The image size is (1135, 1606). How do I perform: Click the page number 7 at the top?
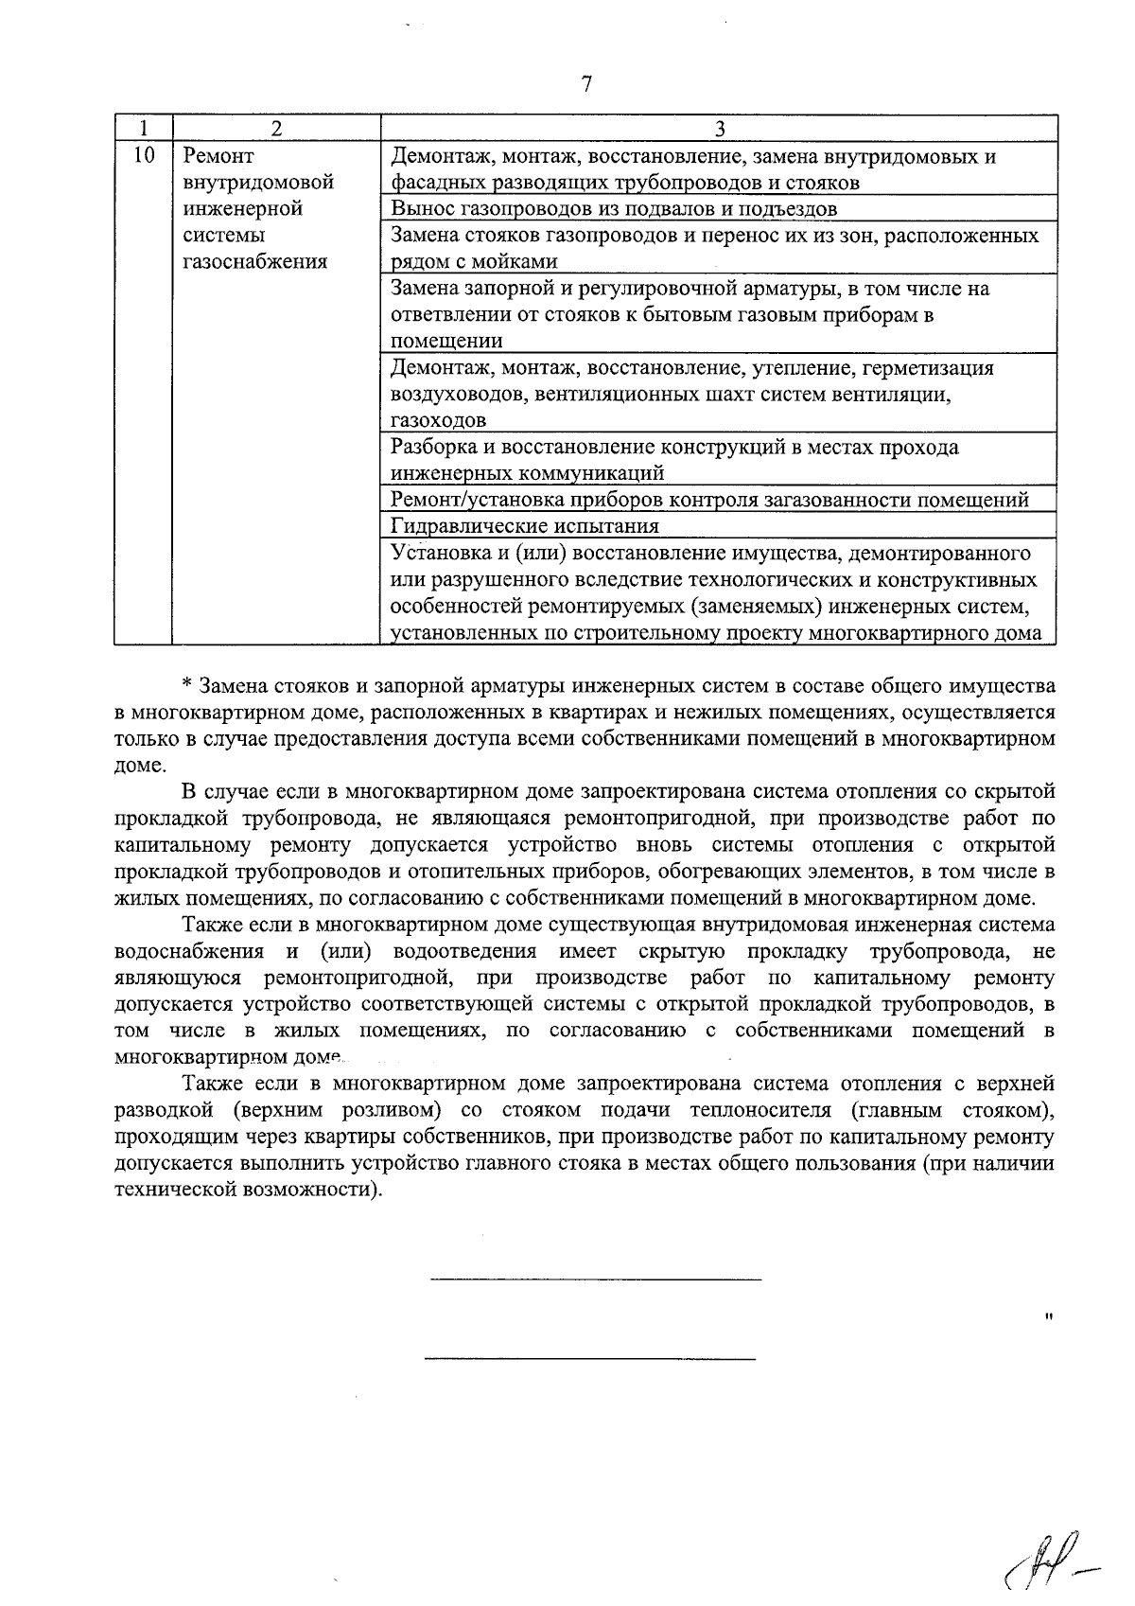pos(585,84)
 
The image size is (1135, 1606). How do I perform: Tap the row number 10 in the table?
pos(142,156)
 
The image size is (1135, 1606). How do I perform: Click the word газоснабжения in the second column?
pos(253,261)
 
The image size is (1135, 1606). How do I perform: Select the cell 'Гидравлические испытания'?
pos(525,525)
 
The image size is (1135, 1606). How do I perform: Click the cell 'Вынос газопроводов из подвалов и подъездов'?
pos(614,208)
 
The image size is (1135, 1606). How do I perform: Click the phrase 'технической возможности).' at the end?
pos(250,1189)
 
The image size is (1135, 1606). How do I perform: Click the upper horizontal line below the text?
pos(595,1280)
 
